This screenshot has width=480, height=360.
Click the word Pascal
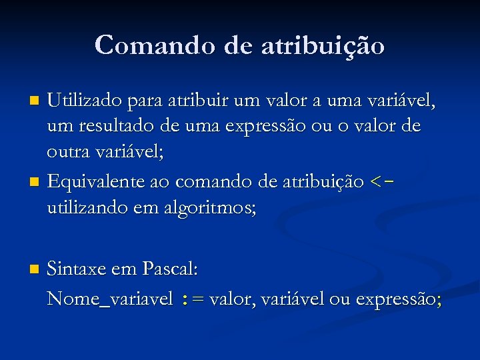(x=170, y=270)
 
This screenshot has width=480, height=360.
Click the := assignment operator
(x=193, y=299)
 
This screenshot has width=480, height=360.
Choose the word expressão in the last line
(x=397, y=299)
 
